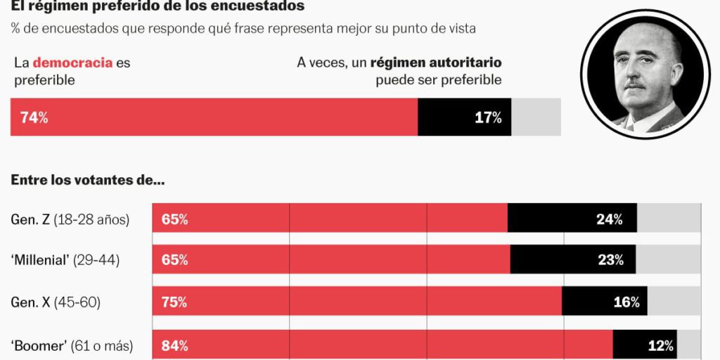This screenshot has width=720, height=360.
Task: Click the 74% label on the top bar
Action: point(34,117)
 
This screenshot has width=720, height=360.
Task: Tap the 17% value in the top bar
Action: point(488,117)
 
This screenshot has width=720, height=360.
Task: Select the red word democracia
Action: point(83,63)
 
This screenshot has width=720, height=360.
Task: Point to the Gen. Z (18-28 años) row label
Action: point(70,219)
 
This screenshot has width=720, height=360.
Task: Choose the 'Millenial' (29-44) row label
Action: point(65,260)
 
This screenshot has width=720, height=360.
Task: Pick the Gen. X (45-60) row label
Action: point(56,302)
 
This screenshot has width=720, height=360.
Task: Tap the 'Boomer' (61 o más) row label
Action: point(72,346)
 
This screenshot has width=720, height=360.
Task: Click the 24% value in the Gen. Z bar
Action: point(609,219)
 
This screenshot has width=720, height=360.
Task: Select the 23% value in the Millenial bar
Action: point(610,260)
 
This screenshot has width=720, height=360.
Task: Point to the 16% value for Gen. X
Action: point(626,302)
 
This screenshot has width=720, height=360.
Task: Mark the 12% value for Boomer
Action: point(660,346)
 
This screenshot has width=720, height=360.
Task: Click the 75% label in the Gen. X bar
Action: point(174,302)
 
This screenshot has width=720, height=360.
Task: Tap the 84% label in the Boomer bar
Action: point(174,346)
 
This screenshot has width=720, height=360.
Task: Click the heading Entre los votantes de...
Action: point(88,180)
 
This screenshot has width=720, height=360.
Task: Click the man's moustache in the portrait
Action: point(634,85)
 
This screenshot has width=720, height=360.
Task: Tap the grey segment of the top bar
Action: point(536,117)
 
